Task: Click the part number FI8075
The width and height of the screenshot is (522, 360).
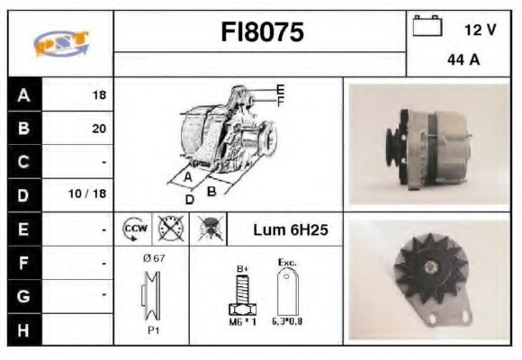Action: [262, 33]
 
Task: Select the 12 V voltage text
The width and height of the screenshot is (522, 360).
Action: [480, 30]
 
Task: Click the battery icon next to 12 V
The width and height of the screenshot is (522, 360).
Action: [426, 27]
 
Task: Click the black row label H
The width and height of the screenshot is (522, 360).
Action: [23, 328]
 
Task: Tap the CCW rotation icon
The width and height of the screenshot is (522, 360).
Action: [132, 229]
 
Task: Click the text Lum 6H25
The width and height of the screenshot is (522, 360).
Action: [290, 229]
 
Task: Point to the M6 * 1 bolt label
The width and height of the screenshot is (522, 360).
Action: [240, 321]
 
